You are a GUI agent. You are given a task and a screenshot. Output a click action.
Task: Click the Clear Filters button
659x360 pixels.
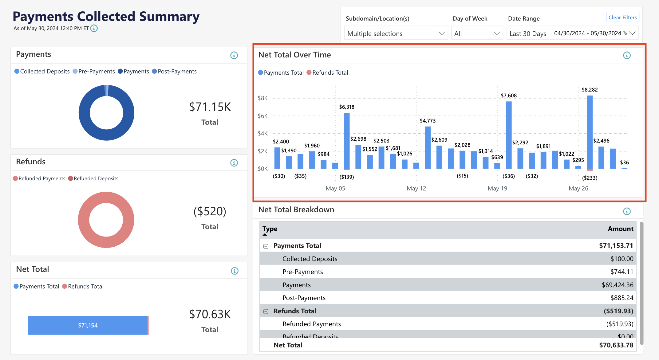coord(622,18)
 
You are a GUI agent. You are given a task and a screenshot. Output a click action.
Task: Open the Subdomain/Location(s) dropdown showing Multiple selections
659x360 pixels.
coord(396,33)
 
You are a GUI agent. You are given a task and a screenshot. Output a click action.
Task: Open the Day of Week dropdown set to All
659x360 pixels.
coord(477,33)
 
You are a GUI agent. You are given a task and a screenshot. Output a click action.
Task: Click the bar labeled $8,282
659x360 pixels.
coord(590,132)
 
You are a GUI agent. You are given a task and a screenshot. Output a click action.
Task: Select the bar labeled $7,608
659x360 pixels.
coord(509,135)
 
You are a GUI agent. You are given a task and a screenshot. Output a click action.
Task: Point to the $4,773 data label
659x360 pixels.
coord(428,121)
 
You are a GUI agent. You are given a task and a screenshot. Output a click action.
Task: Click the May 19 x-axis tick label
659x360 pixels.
coord(497,188)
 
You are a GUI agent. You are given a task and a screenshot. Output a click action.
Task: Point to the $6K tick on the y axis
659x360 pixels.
coord(263,116)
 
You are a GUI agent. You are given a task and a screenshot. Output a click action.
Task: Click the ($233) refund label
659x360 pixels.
coord(590,178)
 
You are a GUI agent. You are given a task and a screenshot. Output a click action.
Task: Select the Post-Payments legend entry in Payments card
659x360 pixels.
coord(174,71)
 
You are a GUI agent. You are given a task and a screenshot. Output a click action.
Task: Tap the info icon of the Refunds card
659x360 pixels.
coord(234,163)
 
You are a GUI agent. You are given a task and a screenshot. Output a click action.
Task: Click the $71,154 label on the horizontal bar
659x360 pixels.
coord(88,325)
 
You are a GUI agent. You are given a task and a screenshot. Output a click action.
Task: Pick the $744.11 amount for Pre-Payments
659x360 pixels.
coord(622,272)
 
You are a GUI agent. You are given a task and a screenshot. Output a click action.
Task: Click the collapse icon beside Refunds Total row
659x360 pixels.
coord(266,311)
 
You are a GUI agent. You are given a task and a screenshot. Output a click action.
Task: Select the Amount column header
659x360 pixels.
coord(620,229)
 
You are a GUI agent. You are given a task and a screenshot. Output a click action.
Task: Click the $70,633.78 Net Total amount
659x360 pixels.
coord(616,345)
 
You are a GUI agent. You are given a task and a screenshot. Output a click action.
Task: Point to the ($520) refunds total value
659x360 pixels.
coord(210,211)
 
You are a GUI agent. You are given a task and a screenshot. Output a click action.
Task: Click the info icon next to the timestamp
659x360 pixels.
coord(94,28)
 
